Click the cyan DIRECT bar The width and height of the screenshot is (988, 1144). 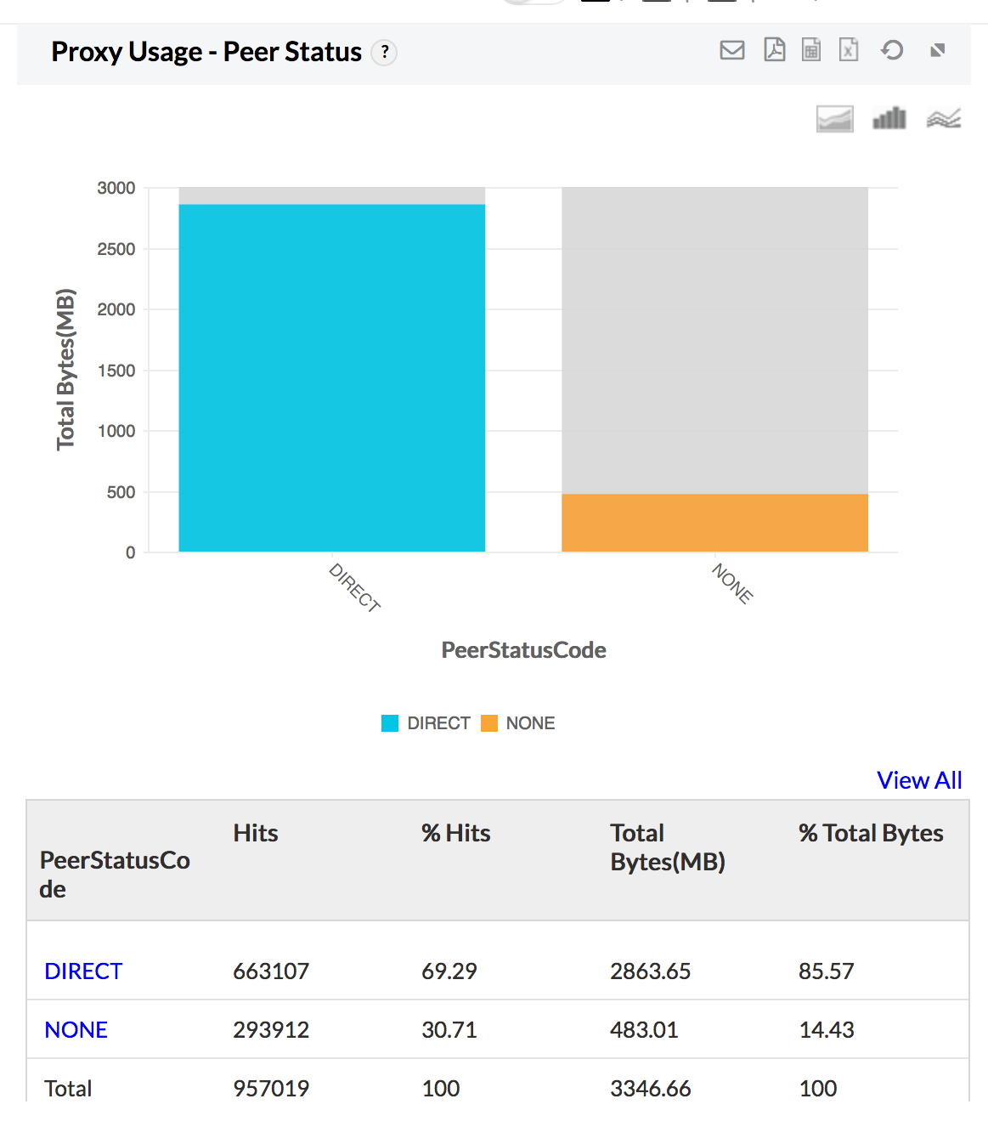[331, 378]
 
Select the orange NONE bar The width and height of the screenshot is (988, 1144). [714, 523]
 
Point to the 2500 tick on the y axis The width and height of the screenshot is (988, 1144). [116, 249]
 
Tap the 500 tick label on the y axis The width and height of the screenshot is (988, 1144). [121, 492]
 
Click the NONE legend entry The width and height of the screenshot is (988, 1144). [518, 723]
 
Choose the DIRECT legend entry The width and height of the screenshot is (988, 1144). [426, 723]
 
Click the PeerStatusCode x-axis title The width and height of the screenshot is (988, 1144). [523, 650]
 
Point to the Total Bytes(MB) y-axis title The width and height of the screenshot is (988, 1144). [65, 370]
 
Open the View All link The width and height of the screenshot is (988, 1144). [919, 780]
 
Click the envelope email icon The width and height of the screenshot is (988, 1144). [731, 50]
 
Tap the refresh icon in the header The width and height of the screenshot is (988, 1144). [892, 50]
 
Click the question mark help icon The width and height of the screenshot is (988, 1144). [385, 53]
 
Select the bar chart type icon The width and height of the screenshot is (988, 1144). [889, 118]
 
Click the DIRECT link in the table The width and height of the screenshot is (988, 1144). [83, 971]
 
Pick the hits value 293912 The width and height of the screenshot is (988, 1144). [271, 1029]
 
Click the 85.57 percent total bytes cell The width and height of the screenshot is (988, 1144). [826, 971]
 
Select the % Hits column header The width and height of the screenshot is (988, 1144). [456, 833]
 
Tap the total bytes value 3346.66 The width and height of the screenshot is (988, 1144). [650, 1088]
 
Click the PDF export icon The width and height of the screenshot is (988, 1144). [774, 50]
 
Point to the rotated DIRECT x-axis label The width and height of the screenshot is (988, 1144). [354, 586]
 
